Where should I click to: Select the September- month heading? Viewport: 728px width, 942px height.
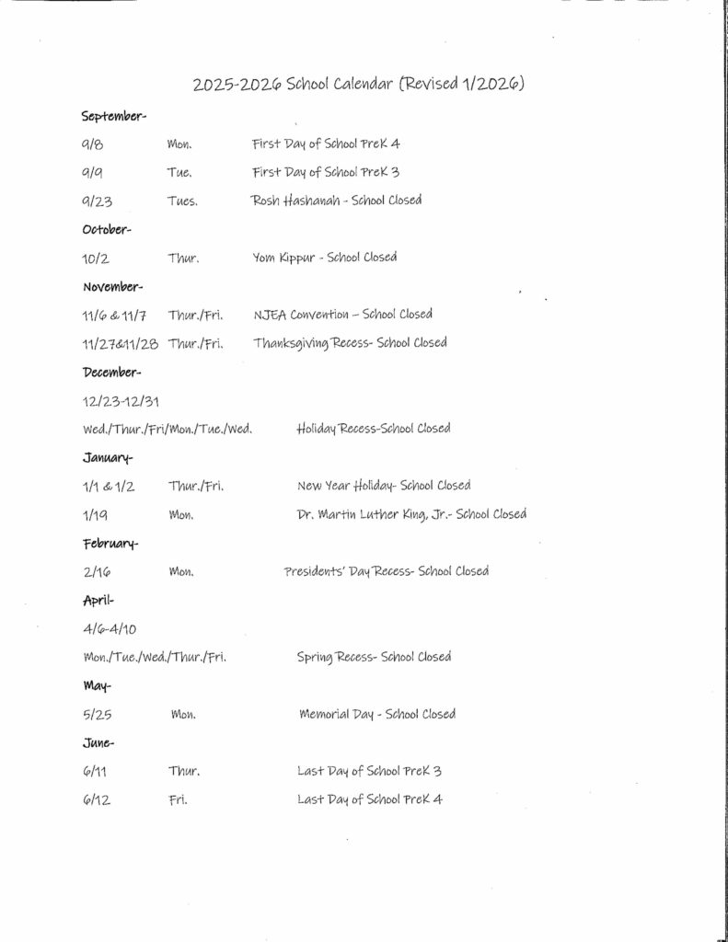(x=113, y=116)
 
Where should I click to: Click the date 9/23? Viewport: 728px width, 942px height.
(x=96, y=201)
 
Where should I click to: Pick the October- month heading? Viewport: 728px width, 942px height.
(x=107, y=229)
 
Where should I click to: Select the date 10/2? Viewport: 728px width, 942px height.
(x=96, y=258)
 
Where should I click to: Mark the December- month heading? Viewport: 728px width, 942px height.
(x=111, y=372)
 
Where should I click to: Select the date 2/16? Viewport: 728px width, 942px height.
(x=96, y=571)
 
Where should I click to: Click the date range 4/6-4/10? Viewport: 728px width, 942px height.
(x=109, y=629)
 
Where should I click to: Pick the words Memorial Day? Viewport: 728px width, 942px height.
(x=338, y=714)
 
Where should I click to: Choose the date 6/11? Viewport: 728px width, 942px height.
(x=94, y=771)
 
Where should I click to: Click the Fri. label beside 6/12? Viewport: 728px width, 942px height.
(x=178, y=799)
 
